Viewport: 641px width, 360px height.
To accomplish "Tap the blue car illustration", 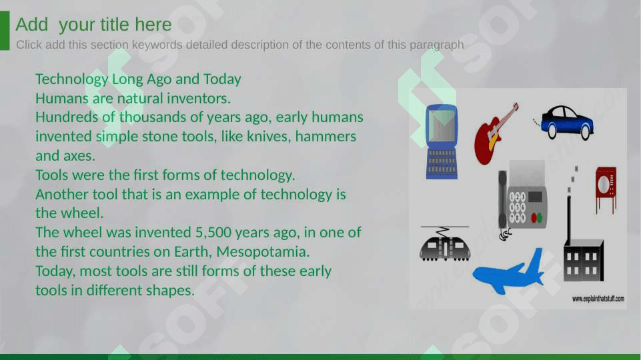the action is tap(566, 122).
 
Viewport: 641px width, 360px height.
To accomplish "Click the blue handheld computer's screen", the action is tap(442, 126).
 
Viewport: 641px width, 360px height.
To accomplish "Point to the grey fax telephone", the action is tap(523, 200).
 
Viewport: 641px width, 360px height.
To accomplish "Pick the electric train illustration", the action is tap(445, 244).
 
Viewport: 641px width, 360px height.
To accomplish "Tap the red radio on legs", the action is tap(606, 189).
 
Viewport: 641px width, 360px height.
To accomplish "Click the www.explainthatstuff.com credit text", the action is tap(598, 299).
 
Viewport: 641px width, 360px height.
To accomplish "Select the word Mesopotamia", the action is tap(263, 252).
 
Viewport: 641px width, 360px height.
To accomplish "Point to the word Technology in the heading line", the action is tap(71, 79).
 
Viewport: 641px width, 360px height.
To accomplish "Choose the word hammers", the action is tap(326, 137).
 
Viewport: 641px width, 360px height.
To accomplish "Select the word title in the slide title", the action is tap(115, 25).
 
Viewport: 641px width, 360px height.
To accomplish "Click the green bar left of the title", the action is tap(5, 31).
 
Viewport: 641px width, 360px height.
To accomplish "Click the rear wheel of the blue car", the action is tap(552, 131).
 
